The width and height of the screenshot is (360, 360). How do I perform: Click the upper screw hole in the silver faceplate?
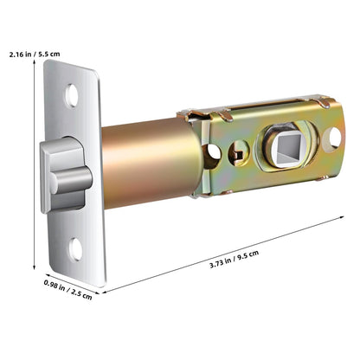click(x=72, y=92)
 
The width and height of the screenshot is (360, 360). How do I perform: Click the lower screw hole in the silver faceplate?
click(x=75, y=251)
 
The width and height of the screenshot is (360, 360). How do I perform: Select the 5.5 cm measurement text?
click(x=48, y=53)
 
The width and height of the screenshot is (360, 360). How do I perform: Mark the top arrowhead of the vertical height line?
click(x=35, y=66)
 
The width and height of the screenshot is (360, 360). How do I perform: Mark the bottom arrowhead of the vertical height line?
click(x=35, y=270)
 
